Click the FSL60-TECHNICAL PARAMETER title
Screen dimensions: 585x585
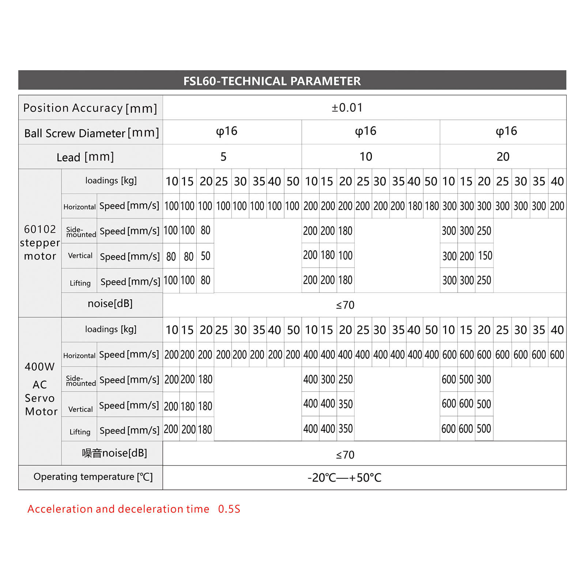point(272,81)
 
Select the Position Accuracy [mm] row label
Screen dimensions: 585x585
point(90,108)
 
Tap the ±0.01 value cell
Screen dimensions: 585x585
point(347,107)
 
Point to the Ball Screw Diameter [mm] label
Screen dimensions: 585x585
point(91,133)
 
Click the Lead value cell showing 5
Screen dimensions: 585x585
point(223,157)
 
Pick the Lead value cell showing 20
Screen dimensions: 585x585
point(503,157)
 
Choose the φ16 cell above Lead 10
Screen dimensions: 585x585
point(366,131)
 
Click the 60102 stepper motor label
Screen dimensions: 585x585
point(40,242)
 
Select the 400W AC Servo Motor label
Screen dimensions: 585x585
point(40,389)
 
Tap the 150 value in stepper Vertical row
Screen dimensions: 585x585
point(485,256)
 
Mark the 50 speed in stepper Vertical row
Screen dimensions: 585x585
point(205,256)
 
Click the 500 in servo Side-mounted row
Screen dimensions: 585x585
point(466,380)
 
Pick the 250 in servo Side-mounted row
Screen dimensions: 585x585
point(346,380)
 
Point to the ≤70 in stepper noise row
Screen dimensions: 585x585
point(345,305)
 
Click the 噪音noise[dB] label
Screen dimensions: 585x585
point(114,453)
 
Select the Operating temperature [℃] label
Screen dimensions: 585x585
point(93,477)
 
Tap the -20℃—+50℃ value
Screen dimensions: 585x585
point(344,478)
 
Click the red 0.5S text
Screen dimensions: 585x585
point(229,509)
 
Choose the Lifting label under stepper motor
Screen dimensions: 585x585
point(80,283)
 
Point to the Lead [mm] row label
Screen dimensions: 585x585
point(85,157)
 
